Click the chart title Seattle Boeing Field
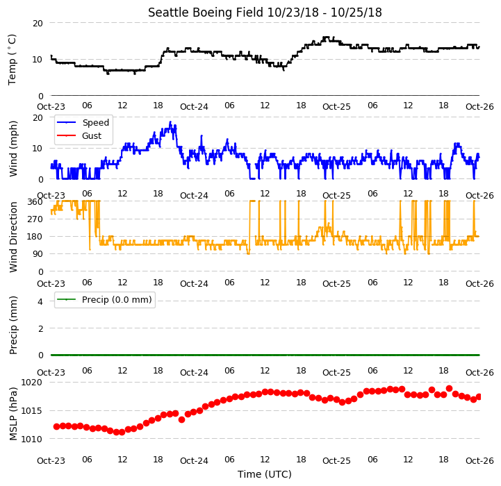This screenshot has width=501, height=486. (206, 12)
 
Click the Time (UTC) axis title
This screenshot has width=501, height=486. (265, 474)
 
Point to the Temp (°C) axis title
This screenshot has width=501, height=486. (12, 60)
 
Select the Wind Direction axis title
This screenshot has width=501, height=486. (13, 237)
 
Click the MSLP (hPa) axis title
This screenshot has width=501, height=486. (13, 414)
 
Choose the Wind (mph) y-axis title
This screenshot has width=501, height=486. (13, 149)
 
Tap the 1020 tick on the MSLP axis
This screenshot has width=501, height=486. (31, 383)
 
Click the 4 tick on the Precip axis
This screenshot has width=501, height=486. (40, 301)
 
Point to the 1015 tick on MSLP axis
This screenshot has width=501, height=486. (31, 410)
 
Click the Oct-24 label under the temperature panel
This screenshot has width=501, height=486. (194, 107)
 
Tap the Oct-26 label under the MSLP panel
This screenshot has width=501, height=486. (479, 461)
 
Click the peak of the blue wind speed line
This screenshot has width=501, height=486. (170, 122)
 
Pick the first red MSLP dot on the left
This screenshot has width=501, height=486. (56, 426)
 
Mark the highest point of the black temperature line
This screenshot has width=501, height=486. (326, 37)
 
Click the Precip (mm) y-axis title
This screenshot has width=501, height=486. (13, 325)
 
